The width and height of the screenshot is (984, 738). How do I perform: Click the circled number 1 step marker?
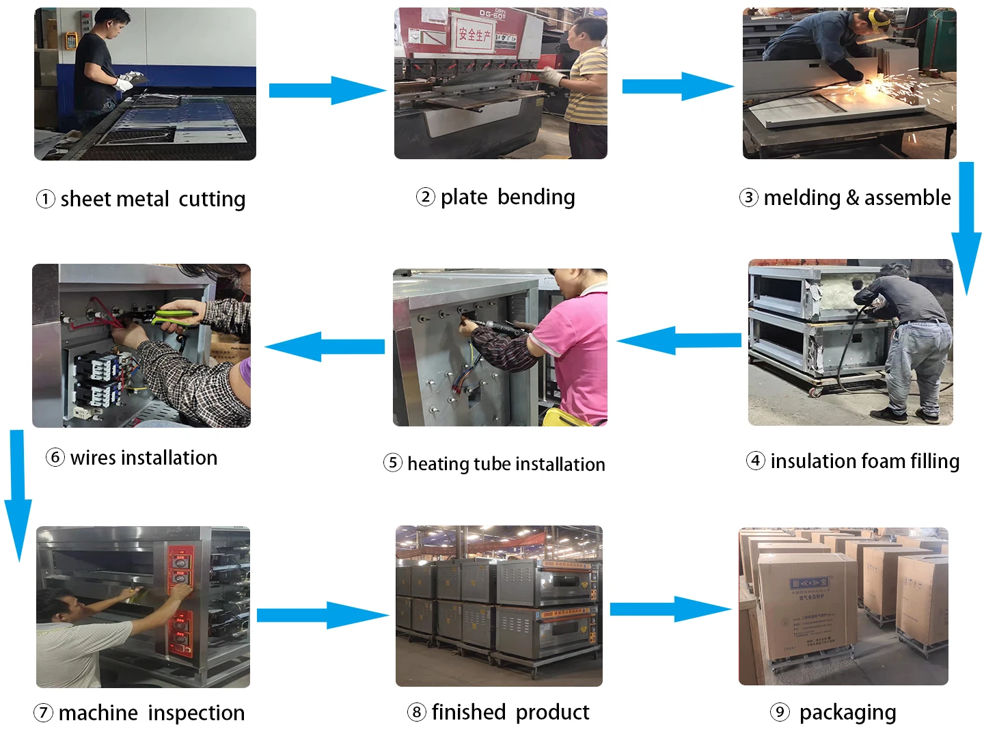tap(45, 199)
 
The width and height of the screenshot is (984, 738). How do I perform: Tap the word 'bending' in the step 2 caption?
tap(536, 197)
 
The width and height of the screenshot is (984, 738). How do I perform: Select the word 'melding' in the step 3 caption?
tap(802, 198)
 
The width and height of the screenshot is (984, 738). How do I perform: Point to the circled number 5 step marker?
tap(392, 463)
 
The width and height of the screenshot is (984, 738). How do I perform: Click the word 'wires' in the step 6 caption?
tap(93, 458)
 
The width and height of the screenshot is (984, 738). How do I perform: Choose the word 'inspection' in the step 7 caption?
tap(196, 713)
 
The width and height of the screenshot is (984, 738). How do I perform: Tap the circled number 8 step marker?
tap(416, 712)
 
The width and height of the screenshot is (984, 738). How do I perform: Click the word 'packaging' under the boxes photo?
tap(847, 713)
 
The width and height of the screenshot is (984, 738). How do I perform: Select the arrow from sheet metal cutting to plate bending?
tap(327, 90)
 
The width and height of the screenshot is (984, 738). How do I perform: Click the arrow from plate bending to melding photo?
tap(676, 86)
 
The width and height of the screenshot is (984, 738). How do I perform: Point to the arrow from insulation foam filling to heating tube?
tap(679, 340)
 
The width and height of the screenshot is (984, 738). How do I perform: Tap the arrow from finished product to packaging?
tap(670, 609)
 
